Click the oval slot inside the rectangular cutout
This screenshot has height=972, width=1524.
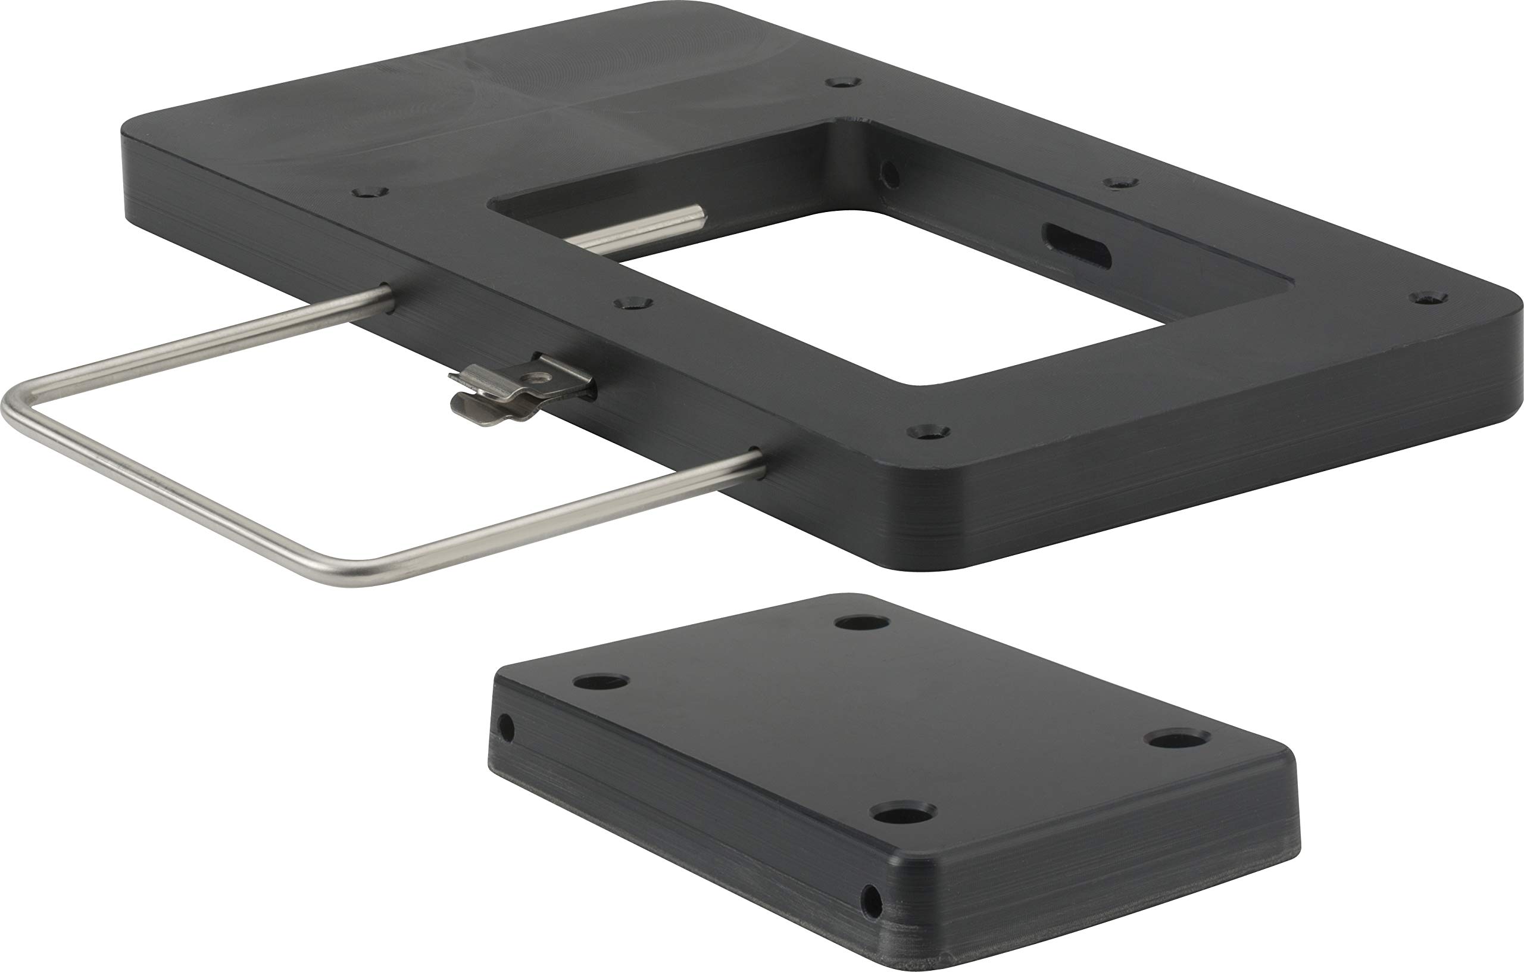(1076, 246)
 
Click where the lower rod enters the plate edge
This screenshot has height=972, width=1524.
(758, 465)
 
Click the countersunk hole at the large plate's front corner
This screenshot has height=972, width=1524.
(929, 432)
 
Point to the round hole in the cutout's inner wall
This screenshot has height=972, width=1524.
(890, 175)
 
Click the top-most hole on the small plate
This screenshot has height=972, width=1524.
(861, 623)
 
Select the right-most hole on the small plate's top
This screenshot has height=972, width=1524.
(1178, 739)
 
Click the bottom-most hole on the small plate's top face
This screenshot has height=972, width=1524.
(902, 812)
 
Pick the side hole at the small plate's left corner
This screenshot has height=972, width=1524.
(505, 728)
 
